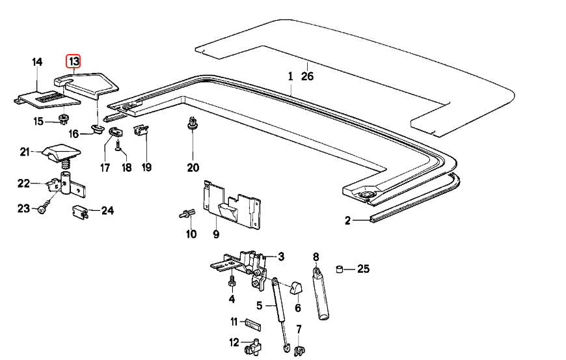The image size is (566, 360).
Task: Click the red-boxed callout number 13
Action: click(x=74, y=62)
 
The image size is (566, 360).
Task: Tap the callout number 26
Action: click(x=307, y=76)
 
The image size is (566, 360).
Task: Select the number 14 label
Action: click(x=37, y=62)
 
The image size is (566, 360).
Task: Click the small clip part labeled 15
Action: click(x=64, y=118)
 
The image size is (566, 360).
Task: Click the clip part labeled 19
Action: click(x=141, y=132)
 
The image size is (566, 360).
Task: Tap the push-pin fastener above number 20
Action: click(x=193, y=124)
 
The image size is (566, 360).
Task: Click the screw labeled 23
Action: click(x=42, y=210)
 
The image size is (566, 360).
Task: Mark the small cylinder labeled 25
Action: click(x=339, y=268)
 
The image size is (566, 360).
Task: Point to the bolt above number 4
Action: click(x=231, y=282)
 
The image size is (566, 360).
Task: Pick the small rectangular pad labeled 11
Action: click(x=253, y=322)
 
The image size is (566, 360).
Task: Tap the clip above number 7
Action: click(x=299, y=351)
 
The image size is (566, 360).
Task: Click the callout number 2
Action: click(x=347, y=221)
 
